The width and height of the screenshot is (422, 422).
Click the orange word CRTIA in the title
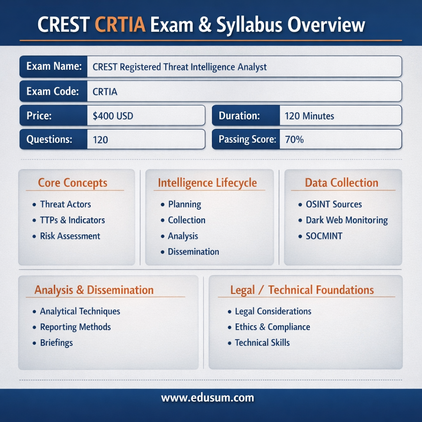coord(120,25)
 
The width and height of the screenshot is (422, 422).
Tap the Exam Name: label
coord(54,66)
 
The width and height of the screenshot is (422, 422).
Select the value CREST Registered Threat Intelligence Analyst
coord(180,67)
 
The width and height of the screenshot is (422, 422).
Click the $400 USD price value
coord(113,116)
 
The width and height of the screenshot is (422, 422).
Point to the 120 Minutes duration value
coord(309,116)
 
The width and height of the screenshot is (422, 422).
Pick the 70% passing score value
coord(294,139)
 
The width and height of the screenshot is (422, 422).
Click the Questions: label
coord(49,139)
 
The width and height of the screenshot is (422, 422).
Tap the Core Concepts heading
coord(73,183)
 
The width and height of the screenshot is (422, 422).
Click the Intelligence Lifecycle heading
coord(207,183)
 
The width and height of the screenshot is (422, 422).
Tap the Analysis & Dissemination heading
coord(94,290)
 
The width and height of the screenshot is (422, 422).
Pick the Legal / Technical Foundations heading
coord(302,290)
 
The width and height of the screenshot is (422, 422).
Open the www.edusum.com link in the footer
coord(208,398)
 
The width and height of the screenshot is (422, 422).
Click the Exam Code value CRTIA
coord(105,92)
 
